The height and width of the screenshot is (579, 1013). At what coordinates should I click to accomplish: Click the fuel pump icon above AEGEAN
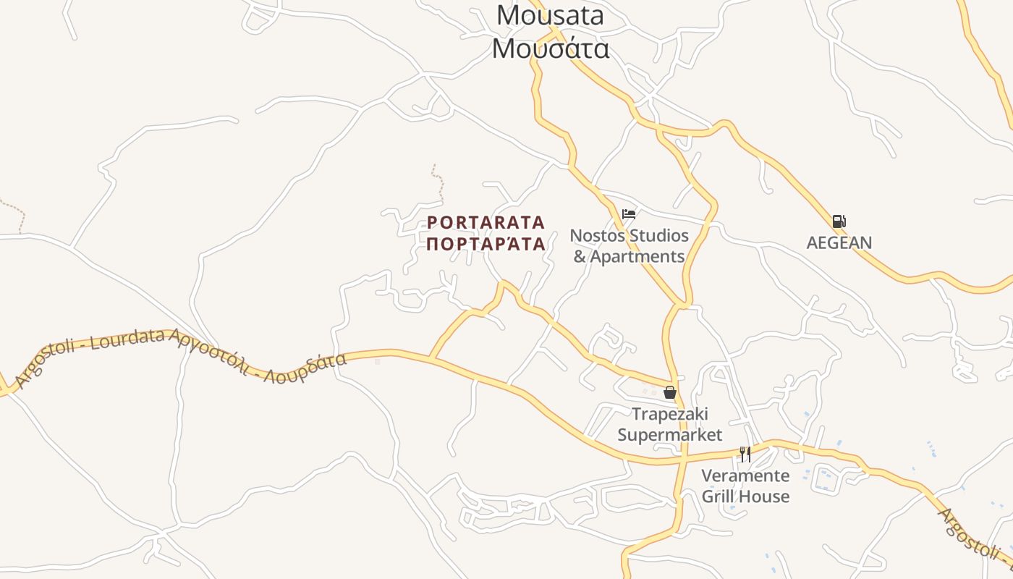(x=839, y=221)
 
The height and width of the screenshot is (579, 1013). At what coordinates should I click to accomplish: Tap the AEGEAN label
(x=839, y=242)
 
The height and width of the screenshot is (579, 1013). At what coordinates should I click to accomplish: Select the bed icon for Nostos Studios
(x=629, y=214)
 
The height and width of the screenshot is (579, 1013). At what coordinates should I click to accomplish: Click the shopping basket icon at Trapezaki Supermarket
(x=670, y=393)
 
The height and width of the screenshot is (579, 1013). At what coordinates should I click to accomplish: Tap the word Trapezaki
(x=670, y=414)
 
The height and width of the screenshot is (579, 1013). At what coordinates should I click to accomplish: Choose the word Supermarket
(x=670, y=434)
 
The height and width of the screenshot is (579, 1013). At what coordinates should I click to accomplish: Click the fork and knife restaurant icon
(x=745, y=455)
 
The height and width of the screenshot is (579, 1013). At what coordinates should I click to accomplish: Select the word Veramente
(x=745, y=476)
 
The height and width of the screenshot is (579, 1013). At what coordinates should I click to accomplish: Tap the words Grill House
(x=745, y=496)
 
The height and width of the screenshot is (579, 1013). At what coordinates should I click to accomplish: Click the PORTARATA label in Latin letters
(x=486, y=222)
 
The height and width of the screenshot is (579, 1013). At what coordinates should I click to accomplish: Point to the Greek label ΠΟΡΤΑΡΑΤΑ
(x=486, y=244)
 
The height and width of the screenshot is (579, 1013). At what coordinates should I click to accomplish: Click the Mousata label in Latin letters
(x=551, y=15)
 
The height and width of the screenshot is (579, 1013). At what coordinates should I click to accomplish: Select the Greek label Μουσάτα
(x=551, y=48)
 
